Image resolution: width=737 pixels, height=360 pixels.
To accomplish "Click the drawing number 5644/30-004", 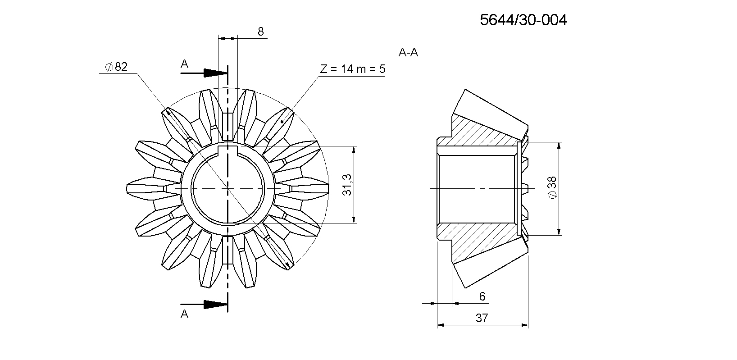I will click(x=523, y=20).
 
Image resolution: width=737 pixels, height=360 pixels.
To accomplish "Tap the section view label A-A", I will click(x=408, y=53).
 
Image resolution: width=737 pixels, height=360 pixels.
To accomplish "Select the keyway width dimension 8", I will click(x=260, y=32).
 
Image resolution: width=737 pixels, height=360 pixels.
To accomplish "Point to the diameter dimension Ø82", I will click(x=116, y=67).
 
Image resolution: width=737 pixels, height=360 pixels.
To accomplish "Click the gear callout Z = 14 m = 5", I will click(x=352, y=69).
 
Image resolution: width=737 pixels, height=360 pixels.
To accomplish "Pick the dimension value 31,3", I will click(x=347, y=185).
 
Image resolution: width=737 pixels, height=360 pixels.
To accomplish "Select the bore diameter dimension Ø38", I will click(x=552, y=187).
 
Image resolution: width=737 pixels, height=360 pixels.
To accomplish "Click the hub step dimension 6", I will click(x=482, y=296).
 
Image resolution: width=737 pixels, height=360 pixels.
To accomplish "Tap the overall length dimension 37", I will click(x=482, y=318).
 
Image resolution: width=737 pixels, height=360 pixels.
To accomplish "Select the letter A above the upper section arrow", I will click(x=184, y=64).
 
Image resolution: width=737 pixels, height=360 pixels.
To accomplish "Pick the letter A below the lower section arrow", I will click(x=184, y=314).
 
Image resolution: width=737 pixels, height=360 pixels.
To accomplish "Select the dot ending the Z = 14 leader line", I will click(x=282, y=121).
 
